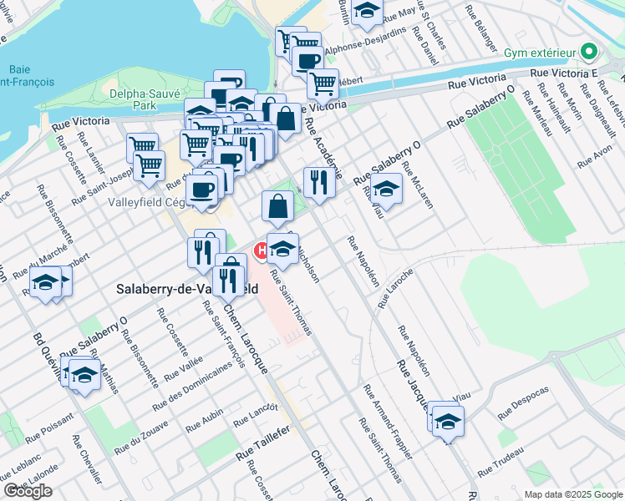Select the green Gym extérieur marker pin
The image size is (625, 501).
(x=591, y=53)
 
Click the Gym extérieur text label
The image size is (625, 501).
(x=540, y=53)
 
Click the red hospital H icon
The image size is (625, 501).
(x=261, y=248)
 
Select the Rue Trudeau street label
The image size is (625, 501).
(x=501, y=463)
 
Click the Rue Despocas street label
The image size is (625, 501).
(x=523, y=402)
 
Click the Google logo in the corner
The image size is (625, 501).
(x=27, y=491)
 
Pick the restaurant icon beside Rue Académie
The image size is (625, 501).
(x=318, y=183)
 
